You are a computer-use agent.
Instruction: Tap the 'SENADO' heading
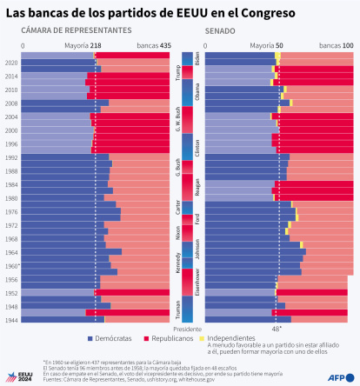tap(220, 30)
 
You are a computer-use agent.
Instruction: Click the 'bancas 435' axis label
tap(153, 45)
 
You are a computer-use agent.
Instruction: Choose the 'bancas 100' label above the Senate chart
tap(336, 45)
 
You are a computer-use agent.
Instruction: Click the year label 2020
tap(11, 63)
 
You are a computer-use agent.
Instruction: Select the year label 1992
tap(11, 157)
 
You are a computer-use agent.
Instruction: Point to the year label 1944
tap(11, 320)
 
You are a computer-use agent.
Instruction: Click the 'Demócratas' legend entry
tap(112, 337)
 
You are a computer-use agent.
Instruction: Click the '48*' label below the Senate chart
tap(277, 329)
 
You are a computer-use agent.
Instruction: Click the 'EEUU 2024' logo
tap(19, 376)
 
